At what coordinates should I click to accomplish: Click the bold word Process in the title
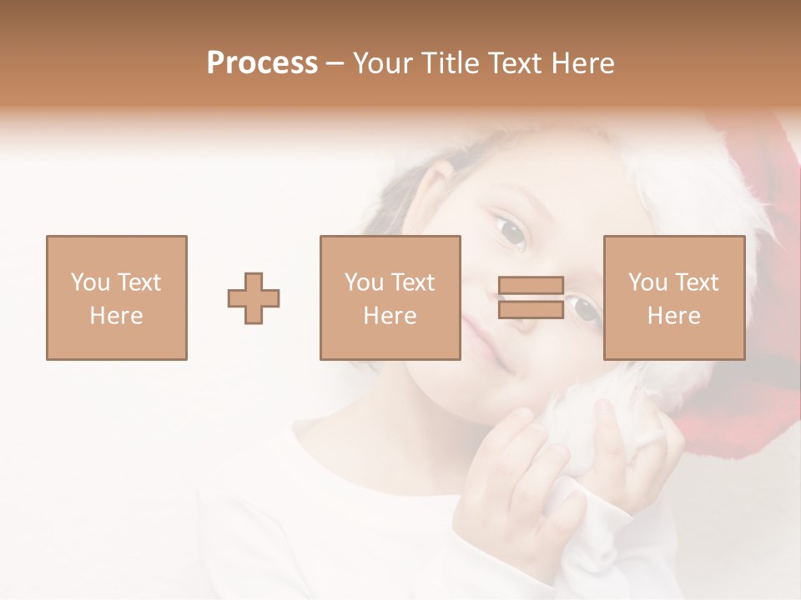point(262,63)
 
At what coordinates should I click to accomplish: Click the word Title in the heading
point(450,63)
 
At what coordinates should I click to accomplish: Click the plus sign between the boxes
point(254,298)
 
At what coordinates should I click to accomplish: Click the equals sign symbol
point(531,297)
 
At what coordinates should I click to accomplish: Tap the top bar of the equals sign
point(531,286)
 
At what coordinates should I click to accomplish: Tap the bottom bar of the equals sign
point(531,309)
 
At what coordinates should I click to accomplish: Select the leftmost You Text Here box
point(116,297)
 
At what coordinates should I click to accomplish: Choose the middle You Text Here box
point(390,297)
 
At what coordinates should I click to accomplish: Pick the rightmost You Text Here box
point(673,297)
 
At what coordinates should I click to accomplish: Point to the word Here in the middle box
point(390,316)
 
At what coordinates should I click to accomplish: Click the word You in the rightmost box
point(647,282)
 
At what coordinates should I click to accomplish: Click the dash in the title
point(335,63)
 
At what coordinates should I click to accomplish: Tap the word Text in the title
point(513,63)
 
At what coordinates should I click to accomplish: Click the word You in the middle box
point(364,282)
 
